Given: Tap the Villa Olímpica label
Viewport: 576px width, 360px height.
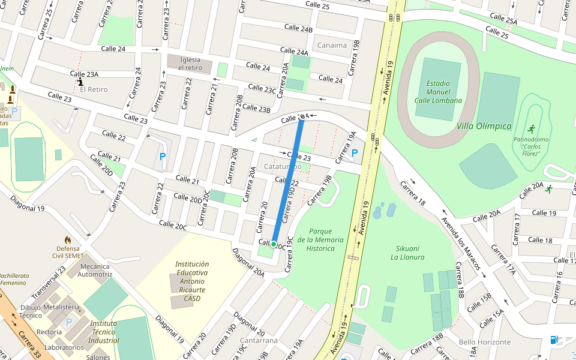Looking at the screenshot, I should click(x=484, y=126).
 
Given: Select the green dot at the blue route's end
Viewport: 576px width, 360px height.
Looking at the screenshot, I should click(x=274, y=244).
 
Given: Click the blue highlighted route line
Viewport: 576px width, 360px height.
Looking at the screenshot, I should click(x=288, y=180).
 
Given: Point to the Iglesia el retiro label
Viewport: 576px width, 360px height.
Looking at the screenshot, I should click(x=190, y=63).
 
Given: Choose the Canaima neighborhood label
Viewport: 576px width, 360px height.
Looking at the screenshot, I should click(x=332, y=45).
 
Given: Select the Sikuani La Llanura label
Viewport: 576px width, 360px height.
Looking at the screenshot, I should click(x=407, y=253).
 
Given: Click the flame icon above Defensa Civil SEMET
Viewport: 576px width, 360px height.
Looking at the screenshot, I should click(x=67, y=239).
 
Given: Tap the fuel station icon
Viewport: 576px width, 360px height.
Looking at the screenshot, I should click(x=553, y=340).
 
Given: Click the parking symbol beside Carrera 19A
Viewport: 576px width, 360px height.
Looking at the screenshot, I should click(x=355, y=153).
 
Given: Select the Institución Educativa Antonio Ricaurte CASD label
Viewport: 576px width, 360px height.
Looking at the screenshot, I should click(x=192, y=281).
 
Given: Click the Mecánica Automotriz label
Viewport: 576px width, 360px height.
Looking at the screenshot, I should click(x=95, y=270).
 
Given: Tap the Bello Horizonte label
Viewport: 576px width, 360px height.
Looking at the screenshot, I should click(x=484, y=342).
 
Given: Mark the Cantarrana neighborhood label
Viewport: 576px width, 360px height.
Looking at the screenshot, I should click(x=257, y=341).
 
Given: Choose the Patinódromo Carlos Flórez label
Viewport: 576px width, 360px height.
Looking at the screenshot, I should click(x=530, y=146).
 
